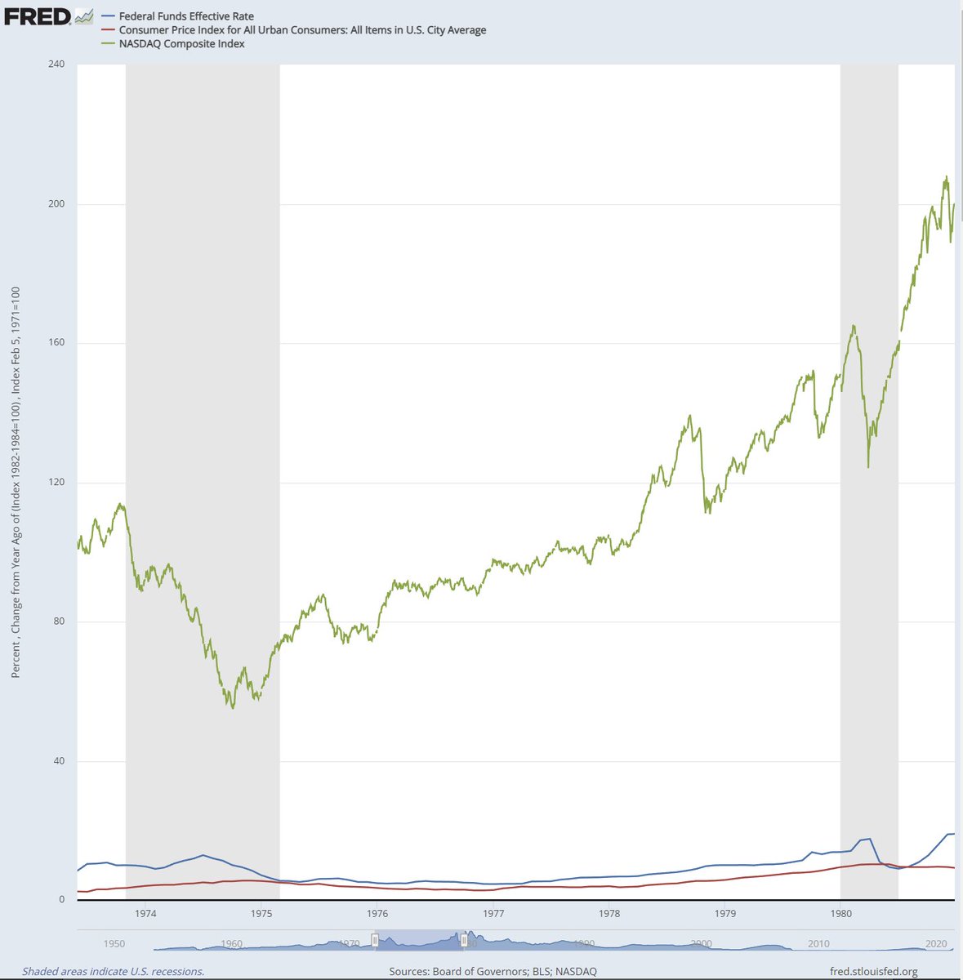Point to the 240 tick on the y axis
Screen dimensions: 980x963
[57, 64]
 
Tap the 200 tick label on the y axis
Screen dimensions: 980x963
[57, 203]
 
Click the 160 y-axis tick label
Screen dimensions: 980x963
[57, 343]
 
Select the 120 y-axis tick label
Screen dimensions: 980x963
[57, 482]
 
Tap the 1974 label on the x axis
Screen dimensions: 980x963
[146, 913]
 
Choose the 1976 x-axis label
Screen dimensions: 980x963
[377, 913]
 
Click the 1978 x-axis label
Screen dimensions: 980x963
[609, 913]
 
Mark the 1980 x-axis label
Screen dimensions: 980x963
[840, 913]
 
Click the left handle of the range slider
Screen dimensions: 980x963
[375, 941]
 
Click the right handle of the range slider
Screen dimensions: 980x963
[464, 941]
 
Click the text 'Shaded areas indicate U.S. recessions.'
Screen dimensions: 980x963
[113, 971]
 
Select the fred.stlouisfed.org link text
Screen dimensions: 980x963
[873, 971]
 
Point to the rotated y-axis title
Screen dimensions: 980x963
[16, 482]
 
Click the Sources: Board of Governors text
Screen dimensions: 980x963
[493, 971]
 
